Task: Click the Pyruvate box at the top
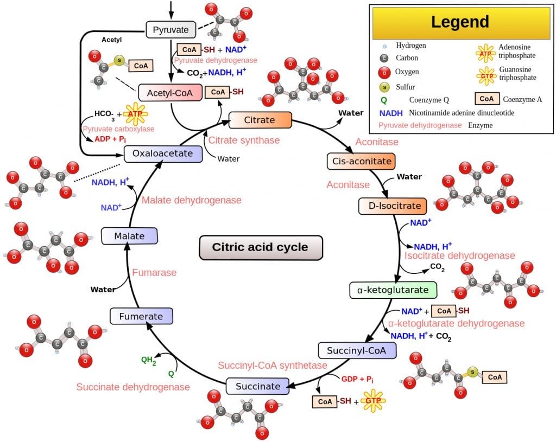click(171, 29)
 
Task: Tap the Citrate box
click(260, 120)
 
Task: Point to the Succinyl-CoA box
click(357, 350)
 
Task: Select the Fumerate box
click(141, 316)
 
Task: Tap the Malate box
click(129, 236)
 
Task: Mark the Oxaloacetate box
click(163, 153)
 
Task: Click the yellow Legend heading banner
click(460, 23)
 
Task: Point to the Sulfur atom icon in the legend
click(384, 86)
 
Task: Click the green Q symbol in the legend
click(384, 100)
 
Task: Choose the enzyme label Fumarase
click(154, 273)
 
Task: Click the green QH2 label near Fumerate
click(148, 360)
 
